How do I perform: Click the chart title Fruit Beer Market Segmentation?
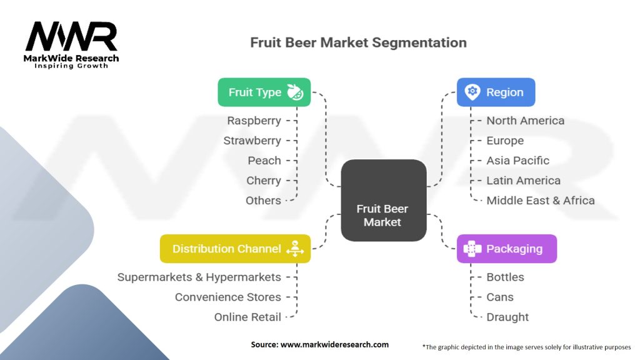pyautogui.click(x=358, y=42)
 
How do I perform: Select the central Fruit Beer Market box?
pyautogui.click(x=383, y=200)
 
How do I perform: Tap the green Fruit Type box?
pyautogui.click(x=264, y=92)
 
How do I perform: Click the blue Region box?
pyautogui.click(x=496, y=92)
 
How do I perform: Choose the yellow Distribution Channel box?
pyautogui.click(x=235, y=249)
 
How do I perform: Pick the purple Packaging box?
pyautogui.click(x=506, y=249)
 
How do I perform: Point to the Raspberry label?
pyautogui.click(x=254, y=121)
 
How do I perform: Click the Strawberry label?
pyautogui.click(x=252, y=141)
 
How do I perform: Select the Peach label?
pyautogui.click(x=264, y=161)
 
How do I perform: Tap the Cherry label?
pyautogui.click(x=264, y=181)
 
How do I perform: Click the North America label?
pyautogui.click(x=525, y=121)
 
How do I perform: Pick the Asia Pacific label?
pyautogui.click(x=517, y=161)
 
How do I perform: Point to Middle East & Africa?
pyautogui.click(x=540, y=201)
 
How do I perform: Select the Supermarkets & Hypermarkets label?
pyautogui.click(x=199, y=277)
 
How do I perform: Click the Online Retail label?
pyautogui.click(x=247, y=317)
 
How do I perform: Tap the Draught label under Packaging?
pyautogui.click(x=507, y=317)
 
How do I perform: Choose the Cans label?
pyautogui.click(x=500, y=297)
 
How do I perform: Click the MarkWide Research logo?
pyautogui.click(x=71, y=44)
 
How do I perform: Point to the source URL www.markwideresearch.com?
pyautogui.click(x=320, y=344)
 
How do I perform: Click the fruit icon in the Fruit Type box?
pyautogui.click(x=295, y=92)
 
